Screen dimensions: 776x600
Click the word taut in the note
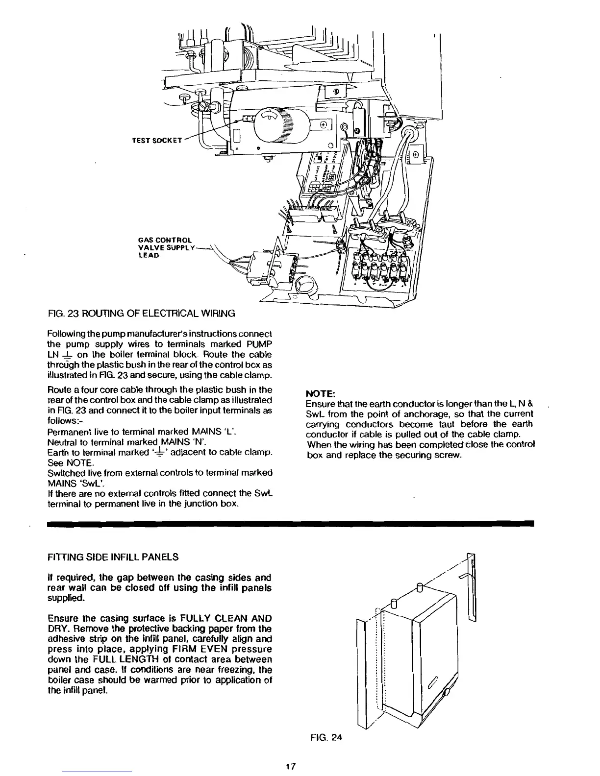(x=447, y=424)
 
